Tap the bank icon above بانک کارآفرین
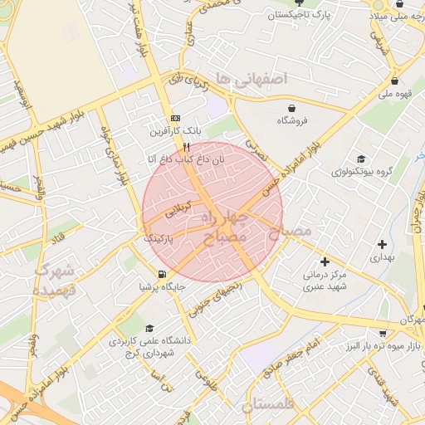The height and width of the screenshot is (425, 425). click(175, 119)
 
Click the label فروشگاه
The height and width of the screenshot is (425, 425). click(291, 121)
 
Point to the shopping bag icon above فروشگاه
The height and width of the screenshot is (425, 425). click(291, 108)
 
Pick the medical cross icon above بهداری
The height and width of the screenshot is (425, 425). click(382, 244)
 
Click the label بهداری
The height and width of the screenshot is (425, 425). click(382, 258)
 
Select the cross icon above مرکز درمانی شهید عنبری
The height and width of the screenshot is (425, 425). click(324, 262)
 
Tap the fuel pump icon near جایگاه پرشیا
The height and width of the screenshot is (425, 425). click(160, 275)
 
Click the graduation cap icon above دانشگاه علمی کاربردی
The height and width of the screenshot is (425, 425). click(149, 329)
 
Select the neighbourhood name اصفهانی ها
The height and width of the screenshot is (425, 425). click(249, 78)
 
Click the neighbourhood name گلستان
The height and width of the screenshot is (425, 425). click(270, 406)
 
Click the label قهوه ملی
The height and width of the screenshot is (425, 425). click(397, 95)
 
